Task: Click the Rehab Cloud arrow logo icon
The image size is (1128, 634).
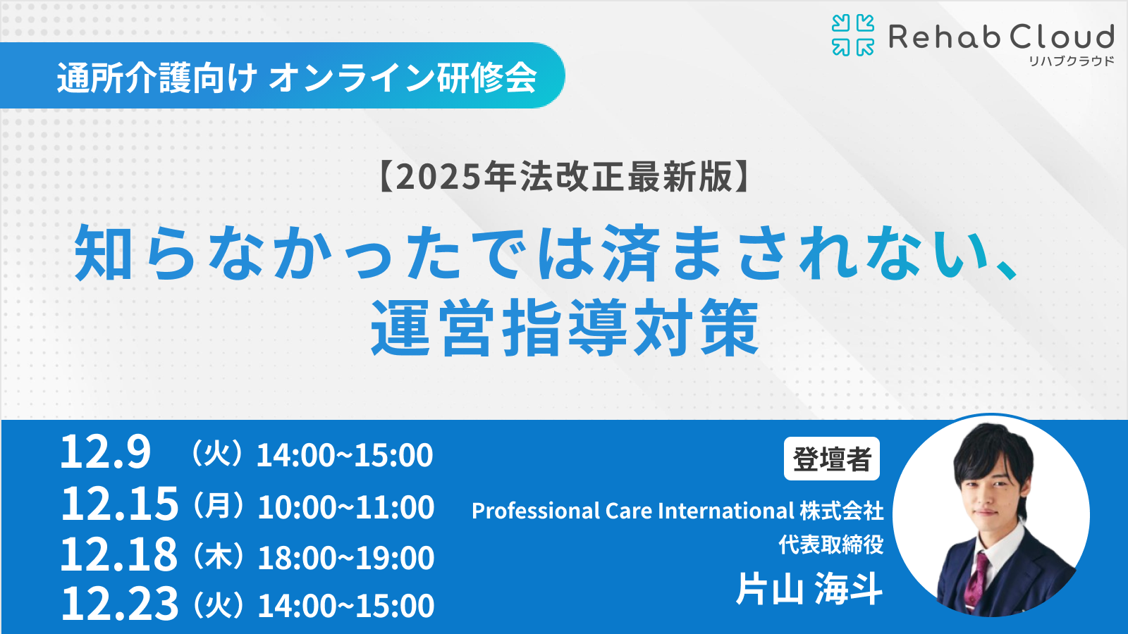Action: (853, 35)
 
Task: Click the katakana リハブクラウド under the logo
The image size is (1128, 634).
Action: (1071, 61)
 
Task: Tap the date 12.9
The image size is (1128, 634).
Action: (105, 452)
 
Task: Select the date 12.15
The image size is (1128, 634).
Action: (119, 504)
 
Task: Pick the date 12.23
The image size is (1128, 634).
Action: (119, 603)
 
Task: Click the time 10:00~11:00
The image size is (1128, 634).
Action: (346, 506)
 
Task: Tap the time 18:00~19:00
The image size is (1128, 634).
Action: (346, 557)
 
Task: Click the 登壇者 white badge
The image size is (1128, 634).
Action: (832, 459)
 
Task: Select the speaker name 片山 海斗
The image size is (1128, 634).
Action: (810, 589)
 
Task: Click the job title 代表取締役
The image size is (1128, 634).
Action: (831, 545)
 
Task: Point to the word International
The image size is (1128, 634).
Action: (726, 511)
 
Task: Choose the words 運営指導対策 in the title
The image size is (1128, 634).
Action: (564, 328)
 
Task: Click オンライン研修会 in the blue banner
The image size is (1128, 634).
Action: (403, 78)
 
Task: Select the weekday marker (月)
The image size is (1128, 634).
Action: (218, 506)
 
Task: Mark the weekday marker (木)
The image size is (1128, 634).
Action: (218, 557)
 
